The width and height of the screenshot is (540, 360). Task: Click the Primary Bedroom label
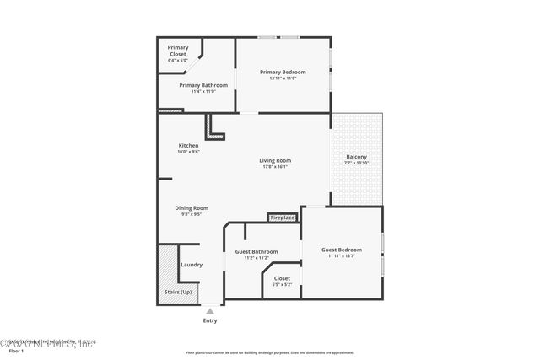click(282, 72)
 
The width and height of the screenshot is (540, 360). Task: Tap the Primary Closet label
click(178, 51)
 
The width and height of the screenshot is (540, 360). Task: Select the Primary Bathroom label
click(203, 85)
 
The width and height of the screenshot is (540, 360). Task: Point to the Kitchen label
click(188, 146)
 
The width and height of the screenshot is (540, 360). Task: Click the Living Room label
click(275, 160)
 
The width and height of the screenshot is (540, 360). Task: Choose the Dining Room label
click(192, 208)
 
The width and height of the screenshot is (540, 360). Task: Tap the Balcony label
click(356, 157)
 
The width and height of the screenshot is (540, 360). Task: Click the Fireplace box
click(283, 218)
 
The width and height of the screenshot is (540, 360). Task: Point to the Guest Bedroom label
click(342, 250)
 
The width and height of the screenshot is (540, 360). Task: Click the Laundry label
click(192, 265)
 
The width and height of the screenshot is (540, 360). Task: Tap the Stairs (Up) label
click(177, 292)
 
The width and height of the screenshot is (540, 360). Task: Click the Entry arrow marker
click(210, 311)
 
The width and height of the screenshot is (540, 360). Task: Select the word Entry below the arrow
click(210, 320)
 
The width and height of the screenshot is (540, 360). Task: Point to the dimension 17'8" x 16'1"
click(275, 167)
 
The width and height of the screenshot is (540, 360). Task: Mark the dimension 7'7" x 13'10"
click(356, 164)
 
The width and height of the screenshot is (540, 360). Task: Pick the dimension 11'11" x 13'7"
click(342, 256)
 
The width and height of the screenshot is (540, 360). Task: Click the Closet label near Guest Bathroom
click(282, 278)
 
